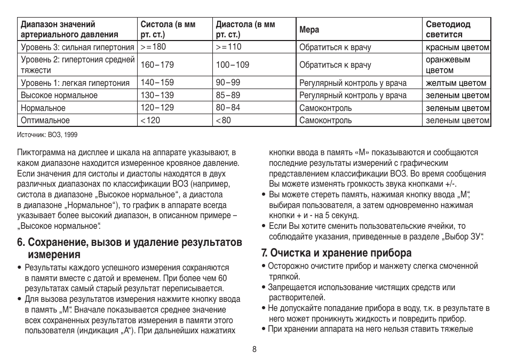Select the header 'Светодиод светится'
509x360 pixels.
pyautogui.click(x=448, y=29)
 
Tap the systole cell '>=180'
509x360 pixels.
pyautogui.click(x=154, y=47)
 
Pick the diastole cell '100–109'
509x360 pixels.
pyautogui.click(x=232, y=65)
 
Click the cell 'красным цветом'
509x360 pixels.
pyautogui.click(x=457, y=47)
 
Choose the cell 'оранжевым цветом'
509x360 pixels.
pyautogui.click(x=448, y=65)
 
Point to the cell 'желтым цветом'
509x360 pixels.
pyautogui.click(x=456, y=83)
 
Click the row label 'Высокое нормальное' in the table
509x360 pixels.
pyautogui.click(x=59, y=95)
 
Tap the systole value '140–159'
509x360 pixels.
pyautogui.click(x=157, y=83)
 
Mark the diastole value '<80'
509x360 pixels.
pyautogui.click(x=224, y=121)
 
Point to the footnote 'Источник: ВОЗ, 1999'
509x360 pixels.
pyautogui.click(x=47, y=134)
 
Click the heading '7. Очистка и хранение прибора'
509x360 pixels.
pyautogui.click(x=337, y=252)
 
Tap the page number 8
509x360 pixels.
pyautogui.click(x=254, y=349)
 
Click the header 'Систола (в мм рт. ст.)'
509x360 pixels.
pyautogui.click(x=168, y=29)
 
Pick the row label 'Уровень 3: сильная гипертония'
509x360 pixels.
pyautogui.click(x=77, y=47)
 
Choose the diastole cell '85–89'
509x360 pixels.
pyautogui.click(x=228, y=95)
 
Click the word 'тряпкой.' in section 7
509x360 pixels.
pyautogui.click(x=284, y=276)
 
